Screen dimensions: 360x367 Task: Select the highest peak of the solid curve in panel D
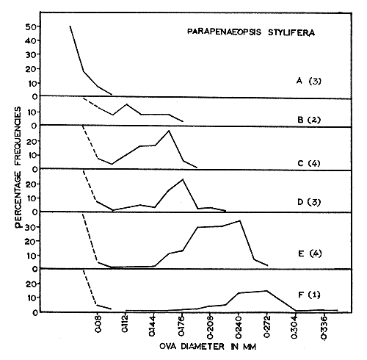(183, 179)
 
